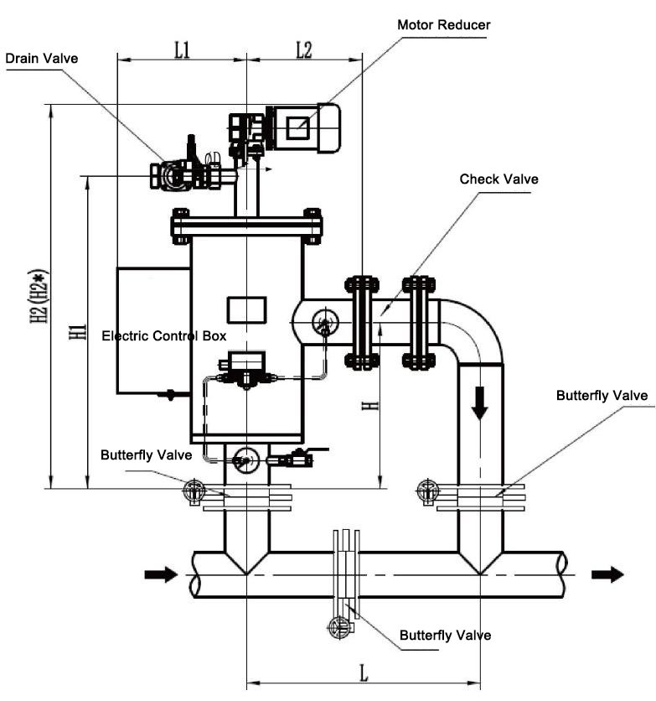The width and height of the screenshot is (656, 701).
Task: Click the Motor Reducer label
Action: point(443,24)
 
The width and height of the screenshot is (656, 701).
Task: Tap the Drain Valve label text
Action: point(42,58)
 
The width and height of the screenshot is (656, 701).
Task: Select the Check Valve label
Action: point(498,179)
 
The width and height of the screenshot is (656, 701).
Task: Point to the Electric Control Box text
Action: point(164,335)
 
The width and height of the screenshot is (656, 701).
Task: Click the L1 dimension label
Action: point(182,50)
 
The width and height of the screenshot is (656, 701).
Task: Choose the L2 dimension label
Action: point(304,50)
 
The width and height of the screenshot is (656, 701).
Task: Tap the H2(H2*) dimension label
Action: point(39,296)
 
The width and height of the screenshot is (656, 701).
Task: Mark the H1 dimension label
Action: point(78,332)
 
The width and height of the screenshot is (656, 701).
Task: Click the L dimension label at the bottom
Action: point(364,672)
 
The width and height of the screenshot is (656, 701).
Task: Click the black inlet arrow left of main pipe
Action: point(161,574)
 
